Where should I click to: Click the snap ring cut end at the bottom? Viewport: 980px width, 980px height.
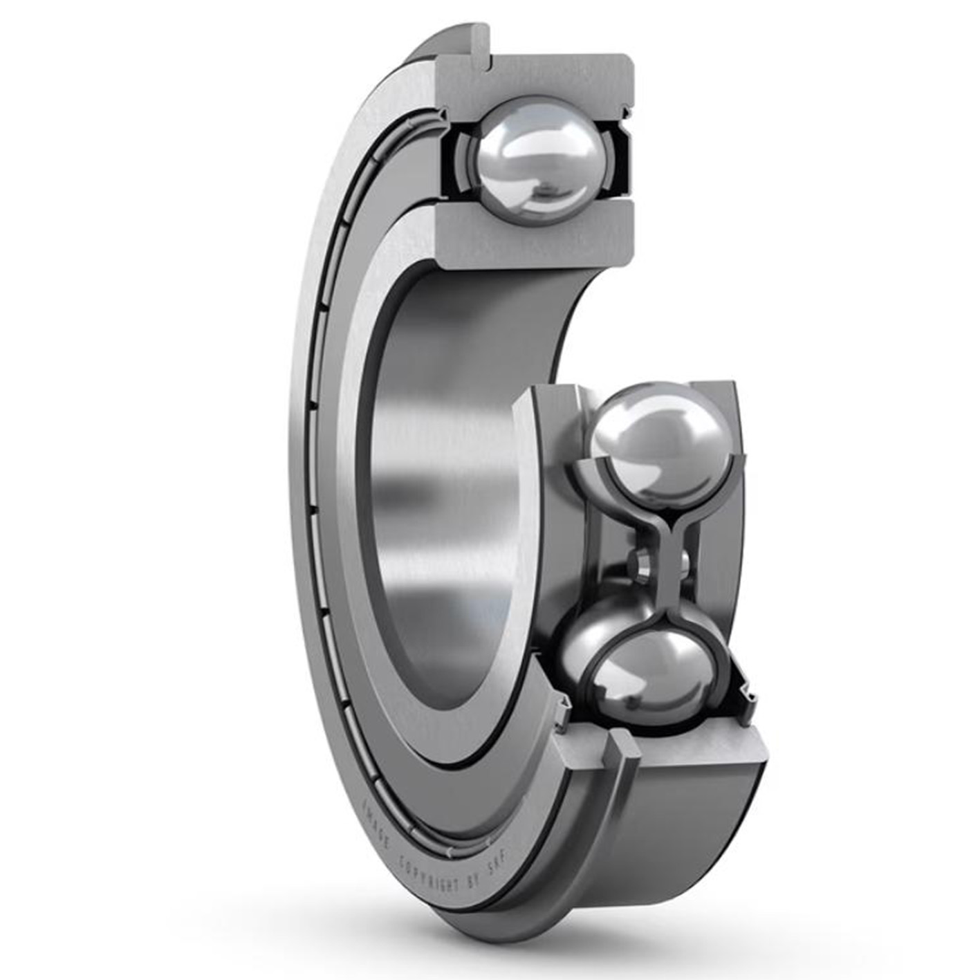627,751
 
